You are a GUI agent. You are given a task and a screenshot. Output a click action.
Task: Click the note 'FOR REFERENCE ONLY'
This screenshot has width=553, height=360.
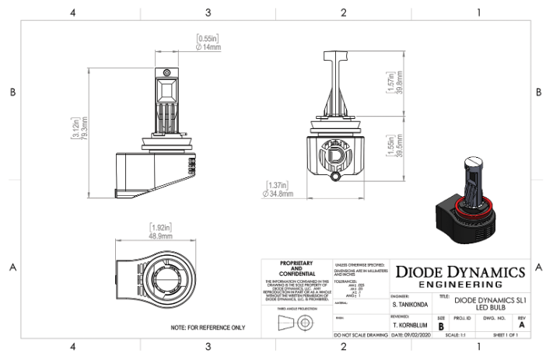208,327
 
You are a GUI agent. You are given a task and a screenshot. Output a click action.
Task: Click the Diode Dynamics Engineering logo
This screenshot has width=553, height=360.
462,277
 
